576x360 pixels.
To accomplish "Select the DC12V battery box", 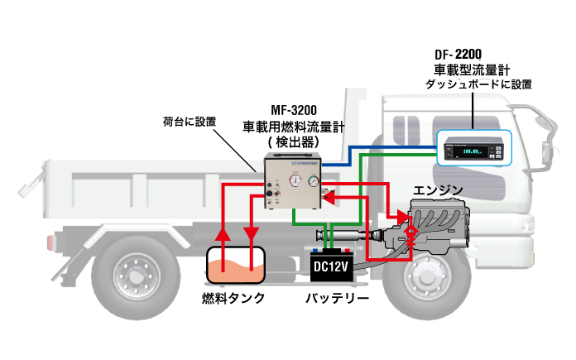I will click(x=331, y=266).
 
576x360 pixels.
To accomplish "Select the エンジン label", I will click(x=439, y=190).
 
